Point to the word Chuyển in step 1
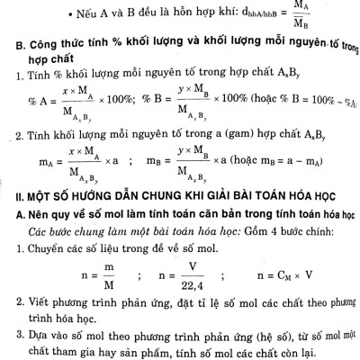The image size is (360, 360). point(39,248)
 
